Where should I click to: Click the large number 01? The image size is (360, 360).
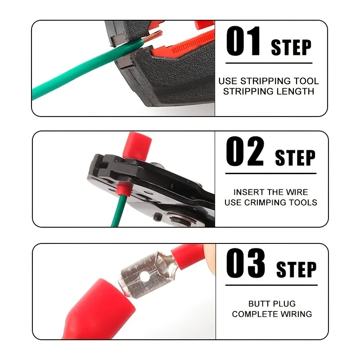[x=243, y=41]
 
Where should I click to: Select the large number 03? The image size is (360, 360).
[x=246, y=263]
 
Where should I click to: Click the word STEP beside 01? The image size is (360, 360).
[x=291, y=47]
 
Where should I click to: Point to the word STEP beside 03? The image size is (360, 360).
[x=297, y=269]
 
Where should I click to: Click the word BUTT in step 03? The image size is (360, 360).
[x=258, y=304]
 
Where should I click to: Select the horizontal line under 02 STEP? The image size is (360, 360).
[x=271, y=174]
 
